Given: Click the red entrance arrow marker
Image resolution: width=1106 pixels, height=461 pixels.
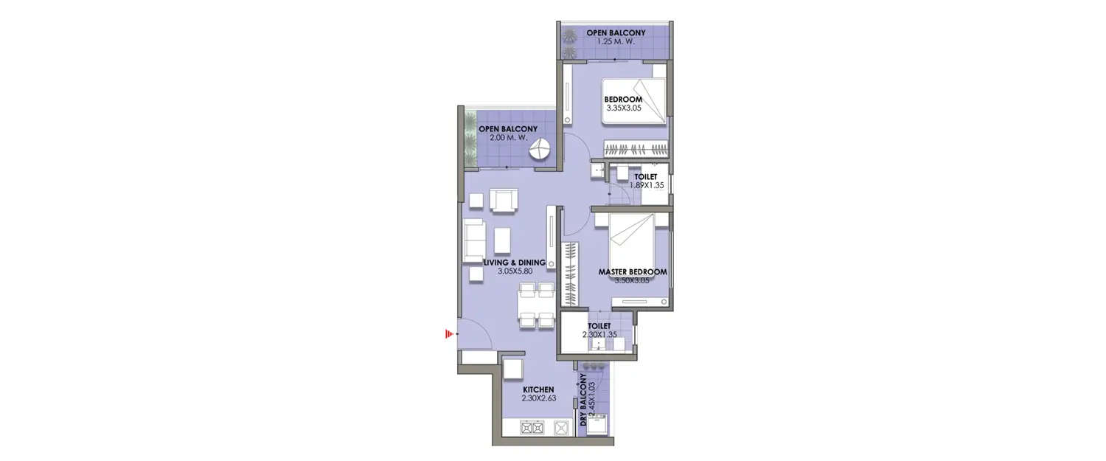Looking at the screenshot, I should pyautogui.click(x=448, y=335).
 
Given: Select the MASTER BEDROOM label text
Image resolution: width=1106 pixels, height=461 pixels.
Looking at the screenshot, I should pyautogui.click(x=633, y=272).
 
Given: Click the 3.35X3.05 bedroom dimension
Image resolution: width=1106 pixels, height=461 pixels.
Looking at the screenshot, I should pyautogui.click(x=623, y=108).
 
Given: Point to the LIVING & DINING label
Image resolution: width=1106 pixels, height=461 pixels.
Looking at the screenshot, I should pyautogui.click(x=514, y=263).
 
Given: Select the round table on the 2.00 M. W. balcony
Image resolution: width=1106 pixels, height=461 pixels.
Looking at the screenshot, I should pyautogui.click(x=540, y=151).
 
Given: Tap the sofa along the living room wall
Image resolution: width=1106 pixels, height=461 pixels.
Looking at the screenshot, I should pyautogui.click(x=472, y=240).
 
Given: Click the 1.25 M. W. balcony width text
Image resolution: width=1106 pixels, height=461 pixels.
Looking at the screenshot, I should pyautogui.click(x=615, y=41).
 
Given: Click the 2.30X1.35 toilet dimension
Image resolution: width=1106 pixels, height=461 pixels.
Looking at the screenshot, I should pyautogui.click(x=599, y=335).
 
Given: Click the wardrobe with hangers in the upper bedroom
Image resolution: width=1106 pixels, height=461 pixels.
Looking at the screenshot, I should pyautogui.click(x=638, y=148).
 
